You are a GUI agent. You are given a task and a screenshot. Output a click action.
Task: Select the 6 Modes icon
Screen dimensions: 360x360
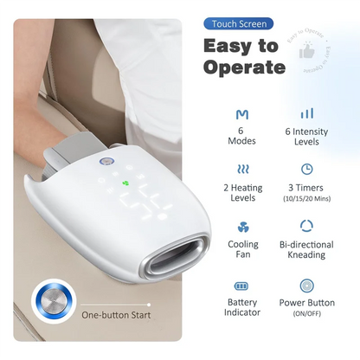tap(241, 113)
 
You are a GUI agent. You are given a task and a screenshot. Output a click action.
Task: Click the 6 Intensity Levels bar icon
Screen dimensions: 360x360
tap(306, 113)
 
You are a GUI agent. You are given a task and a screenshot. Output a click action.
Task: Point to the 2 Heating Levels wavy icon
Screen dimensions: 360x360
tap(241, 170)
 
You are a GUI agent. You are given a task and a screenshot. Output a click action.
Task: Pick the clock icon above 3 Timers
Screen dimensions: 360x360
tap(306, 170)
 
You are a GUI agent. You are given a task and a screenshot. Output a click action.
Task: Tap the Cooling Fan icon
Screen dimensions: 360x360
tap(241, 227)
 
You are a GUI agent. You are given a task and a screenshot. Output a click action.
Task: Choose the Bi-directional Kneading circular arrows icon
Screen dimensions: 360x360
tap(306, 227)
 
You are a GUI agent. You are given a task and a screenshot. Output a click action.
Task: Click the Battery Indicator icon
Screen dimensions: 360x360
tap(241, 285)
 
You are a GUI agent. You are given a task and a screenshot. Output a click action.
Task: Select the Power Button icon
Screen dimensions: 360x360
tap(306, 285)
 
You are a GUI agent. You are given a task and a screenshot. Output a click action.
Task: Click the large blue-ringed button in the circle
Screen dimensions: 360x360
tap(52, 302)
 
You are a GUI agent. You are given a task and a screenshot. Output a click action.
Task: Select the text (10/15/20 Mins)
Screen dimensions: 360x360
tap(306, 197)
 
